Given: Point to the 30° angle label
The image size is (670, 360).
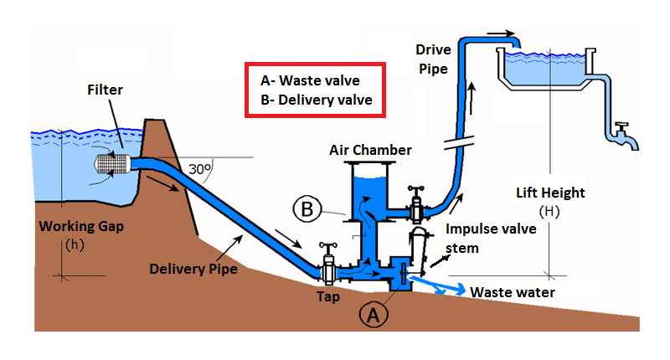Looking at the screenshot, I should pyautogui.click(x=198, y=167).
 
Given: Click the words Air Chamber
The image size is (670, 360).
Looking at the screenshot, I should pyautogui.click(x=370, y=151).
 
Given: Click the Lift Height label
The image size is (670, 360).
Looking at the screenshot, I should pyautogui.click(x=550, y=193).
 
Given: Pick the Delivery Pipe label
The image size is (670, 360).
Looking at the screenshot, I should pyautogui.click(x=193, y=269).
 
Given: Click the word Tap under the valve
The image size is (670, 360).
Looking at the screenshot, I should pyautogui.click(x=328, y=296).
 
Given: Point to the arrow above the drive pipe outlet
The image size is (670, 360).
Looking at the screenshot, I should pyautogui.click(x=496, y=35).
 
